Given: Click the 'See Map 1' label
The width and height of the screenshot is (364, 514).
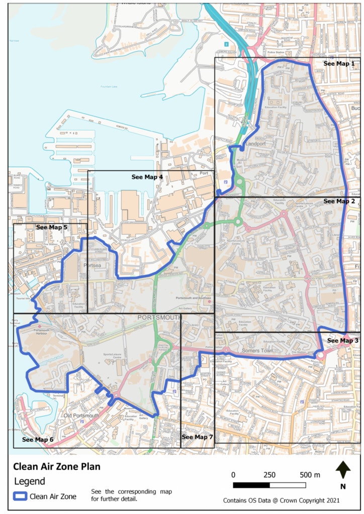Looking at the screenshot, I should point(339,64).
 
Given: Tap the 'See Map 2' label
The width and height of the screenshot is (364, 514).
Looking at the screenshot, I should point(339,201).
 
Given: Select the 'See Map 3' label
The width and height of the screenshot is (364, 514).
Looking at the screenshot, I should point(342,341).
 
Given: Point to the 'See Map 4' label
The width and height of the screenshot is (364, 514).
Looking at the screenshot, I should point(147,177).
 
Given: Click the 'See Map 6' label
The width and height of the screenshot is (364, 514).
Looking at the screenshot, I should point(37,440).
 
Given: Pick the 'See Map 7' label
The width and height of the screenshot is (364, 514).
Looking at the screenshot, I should point(197,437).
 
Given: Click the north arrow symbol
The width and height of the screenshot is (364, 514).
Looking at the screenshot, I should point(343,471).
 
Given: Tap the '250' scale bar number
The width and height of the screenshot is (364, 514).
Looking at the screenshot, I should point(269,475).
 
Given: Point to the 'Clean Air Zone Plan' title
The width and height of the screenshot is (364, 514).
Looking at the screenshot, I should point(56,466).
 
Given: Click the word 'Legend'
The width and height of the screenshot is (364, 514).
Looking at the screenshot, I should point(29,481).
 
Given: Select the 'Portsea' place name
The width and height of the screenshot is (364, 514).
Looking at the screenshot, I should point(93,265).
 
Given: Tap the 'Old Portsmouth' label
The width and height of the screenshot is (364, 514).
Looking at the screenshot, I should point(81,416).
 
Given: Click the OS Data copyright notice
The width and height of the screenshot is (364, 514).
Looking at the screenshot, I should point(282,500).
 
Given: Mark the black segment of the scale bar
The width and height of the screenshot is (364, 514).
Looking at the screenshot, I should point(251,485).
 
